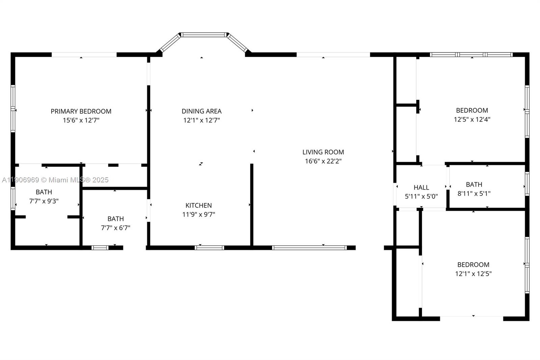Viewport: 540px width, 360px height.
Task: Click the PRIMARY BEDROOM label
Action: [81, 111]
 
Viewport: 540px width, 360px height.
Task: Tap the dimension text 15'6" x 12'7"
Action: [81, 120]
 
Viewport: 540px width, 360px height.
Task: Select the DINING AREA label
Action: [201, 111]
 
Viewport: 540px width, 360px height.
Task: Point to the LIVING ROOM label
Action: [323, 152]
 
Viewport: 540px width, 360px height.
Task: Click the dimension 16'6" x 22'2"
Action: [323, 161]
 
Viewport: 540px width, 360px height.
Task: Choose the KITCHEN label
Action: [198, 205]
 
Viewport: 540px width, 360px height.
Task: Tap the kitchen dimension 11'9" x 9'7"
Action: [198, 214]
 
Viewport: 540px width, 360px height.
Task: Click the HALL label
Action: [421, 187]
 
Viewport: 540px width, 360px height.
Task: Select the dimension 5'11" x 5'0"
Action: [421, 196]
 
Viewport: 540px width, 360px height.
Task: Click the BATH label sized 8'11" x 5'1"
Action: [474, 184]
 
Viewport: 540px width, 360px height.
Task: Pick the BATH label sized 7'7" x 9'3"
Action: [44, 192]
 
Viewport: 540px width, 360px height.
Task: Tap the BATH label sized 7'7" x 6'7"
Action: [115, 219]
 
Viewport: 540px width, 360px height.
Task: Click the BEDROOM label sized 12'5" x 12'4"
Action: [472, 110]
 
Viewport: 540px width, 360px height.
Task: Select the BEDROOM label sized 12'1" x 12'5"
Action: [473, 265]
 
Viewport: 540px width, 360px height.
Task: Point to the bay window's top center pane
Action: [204, 34]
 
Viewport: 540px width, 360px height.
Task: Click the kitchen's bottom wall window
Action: [209, 248]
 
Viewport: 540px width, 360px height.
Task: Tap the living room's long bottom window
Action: [309, 248]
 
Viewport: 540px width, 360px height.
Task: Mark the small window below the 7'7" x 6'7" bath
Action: [100, 248]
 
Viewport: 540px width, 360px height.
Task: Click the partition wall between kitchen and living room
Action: [251, 205]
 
